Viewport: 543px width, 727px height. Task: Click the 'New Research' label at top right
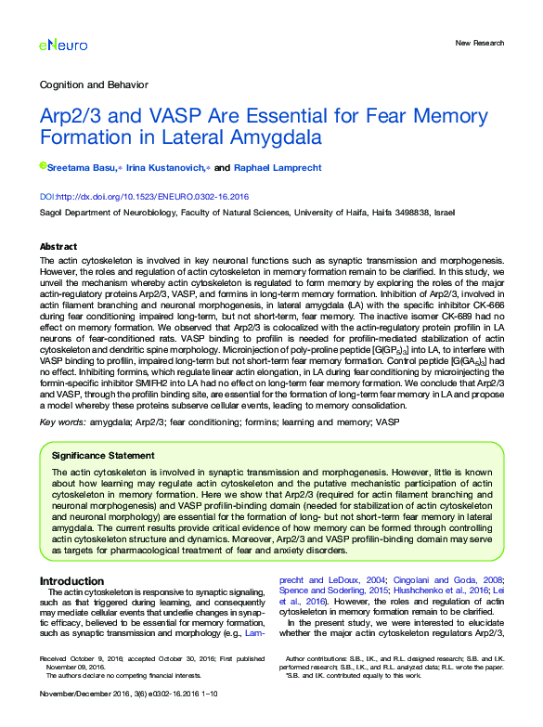pyautogui.click(x=480, y=43)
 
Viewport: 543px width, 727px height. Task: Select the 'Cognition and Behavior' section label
pyautogui.click(x=91, y=84)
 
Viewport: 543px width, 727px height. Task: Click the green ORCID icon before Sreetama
pyautogui.click(x=43, y=166)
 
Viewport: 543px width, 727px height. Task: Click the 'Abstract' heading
pyautogui.click(x=58, y=246)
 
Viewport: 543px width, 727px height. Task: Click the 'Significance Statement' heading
pyautogui.click(x=103, y=456)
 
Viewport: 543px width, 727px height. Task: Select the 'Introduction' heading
pyautogui.click(x=71, y=581)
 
